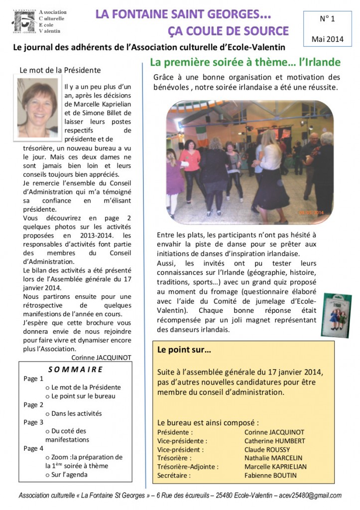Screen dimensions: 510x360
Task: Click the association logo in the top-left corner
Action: [x=25, y=21]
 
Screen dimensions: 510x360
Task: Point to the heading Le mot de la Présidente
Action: [x=60, y=70]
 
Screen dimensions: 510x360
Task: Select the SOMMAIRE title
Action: [x=76, y=369]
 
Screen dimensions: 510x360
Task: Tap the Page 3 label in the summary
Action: [x=33, y=422]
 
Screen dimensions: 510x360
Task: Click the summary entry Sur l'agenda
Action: [x=69, y=475]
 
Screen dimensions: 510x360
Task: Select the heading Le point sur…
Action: [x=184, y=350]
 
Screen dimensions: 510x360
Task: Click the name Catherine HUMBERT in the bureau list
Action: [x=274, y=441]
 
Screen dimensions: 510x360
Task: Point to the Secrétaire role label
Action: [x=173, y=475]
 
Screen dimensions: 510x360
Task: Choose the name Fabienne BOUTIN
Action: [x=270, y=475]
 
